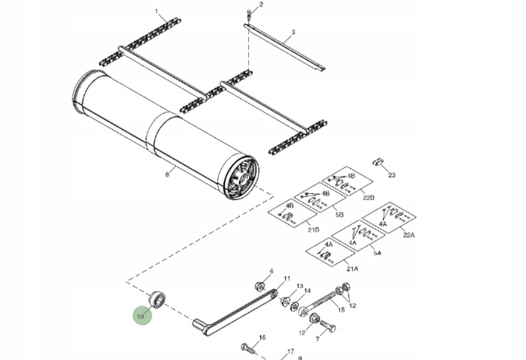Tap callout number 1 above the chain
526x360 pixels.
point(157,11)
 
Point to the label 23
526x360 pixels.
point(392,175)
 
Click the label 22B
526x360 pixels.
point(369,198)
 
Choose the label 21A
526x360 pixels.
point(352,268)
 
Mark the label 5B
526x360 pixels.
point(339,215)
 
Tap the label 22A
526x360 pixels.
point(409,235)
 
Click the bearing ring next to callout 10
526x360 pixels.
point(158,298)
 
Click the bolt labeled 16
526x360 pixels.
point(248,347)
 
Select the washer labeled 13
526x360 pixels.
point(286,300)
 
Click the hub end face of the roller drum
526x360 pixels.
point(241,178)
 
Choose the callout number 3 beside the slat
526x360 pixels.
point(293,32)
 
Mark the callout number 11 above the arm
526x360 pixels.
point(287,278)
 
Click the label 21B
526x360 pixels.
point(313,230)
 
